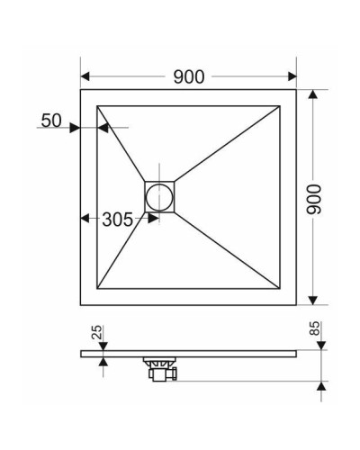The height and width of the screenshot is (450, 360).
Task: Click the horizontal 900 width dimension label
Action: click(188, 76)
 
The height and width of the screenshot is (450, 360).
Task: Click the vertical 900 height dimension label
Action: click(314, 196)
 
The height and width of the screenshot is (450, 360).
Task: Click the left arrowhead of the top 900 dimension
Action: click(85, 76)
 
